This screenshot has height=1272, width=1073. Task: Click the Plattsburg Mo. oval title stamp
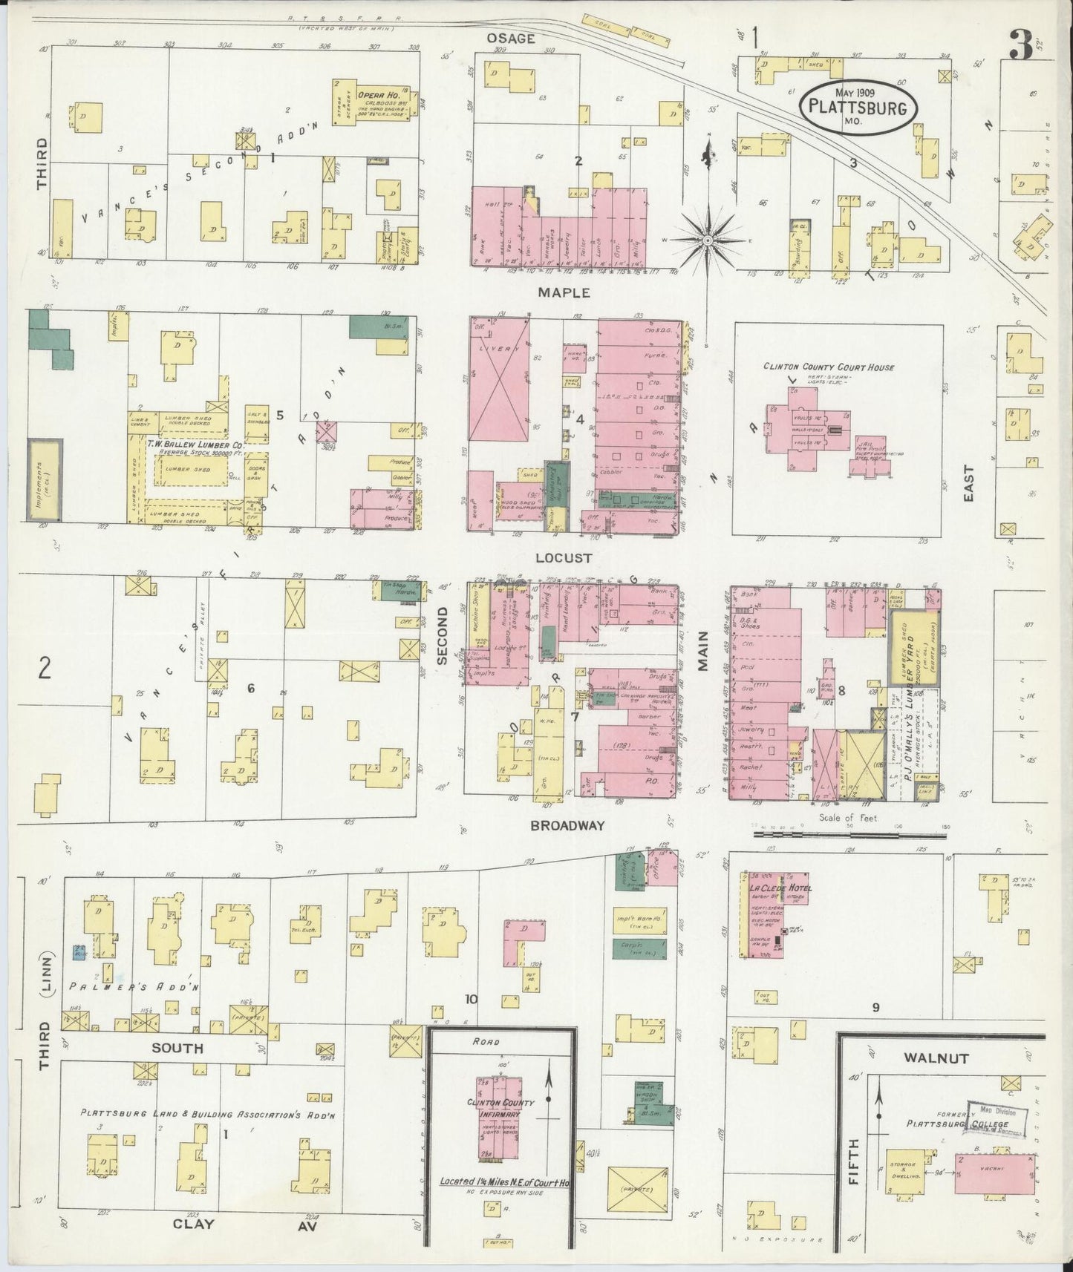[858, 108]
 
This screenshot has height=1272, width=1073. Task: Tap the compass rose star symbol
[707, 240]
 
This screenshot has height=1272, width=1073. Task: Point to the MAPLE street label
[564, 293]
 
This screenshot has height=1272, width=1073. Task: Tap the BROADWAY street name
[567, 825]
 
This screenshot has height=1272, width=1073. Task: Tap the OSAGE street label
[510, 39]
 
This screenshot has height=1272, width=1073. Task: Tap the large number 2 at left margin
[45, 669]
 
